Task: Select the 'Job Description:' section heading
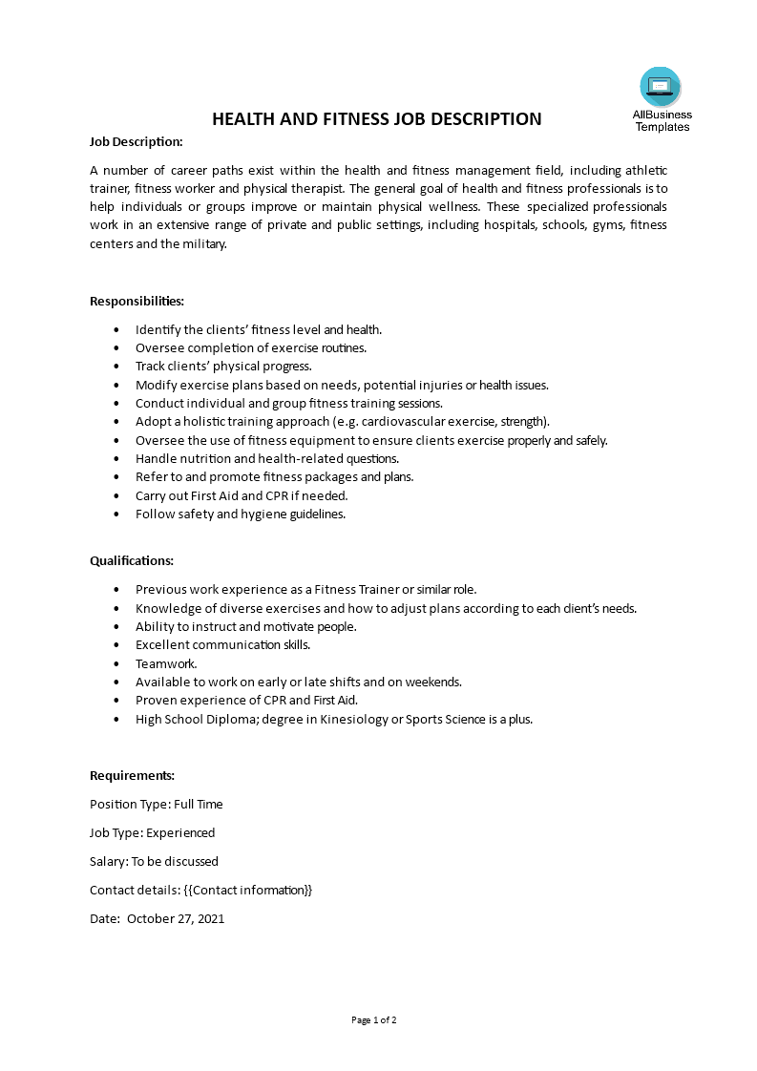point(136,141)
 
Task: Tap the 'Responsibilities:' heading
point(137,301)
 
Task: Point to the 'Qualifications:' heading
point(132,560)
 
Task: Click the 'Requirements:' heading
point(132,775)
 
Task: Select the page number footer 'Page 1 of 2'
point(374,1019)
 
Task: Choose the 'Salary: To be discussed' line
point(154,861)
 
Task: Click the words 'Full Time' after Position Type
point(198,804)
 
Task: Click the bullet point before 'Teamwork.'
point(116,663)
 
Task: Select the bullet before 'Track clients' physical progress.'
point(116,367)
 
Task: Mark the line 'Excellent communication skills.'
point(222,644)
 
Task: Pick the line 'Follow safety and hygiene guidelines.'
point(240,514)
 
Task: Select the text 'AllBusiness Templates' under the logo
point(662,120)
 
